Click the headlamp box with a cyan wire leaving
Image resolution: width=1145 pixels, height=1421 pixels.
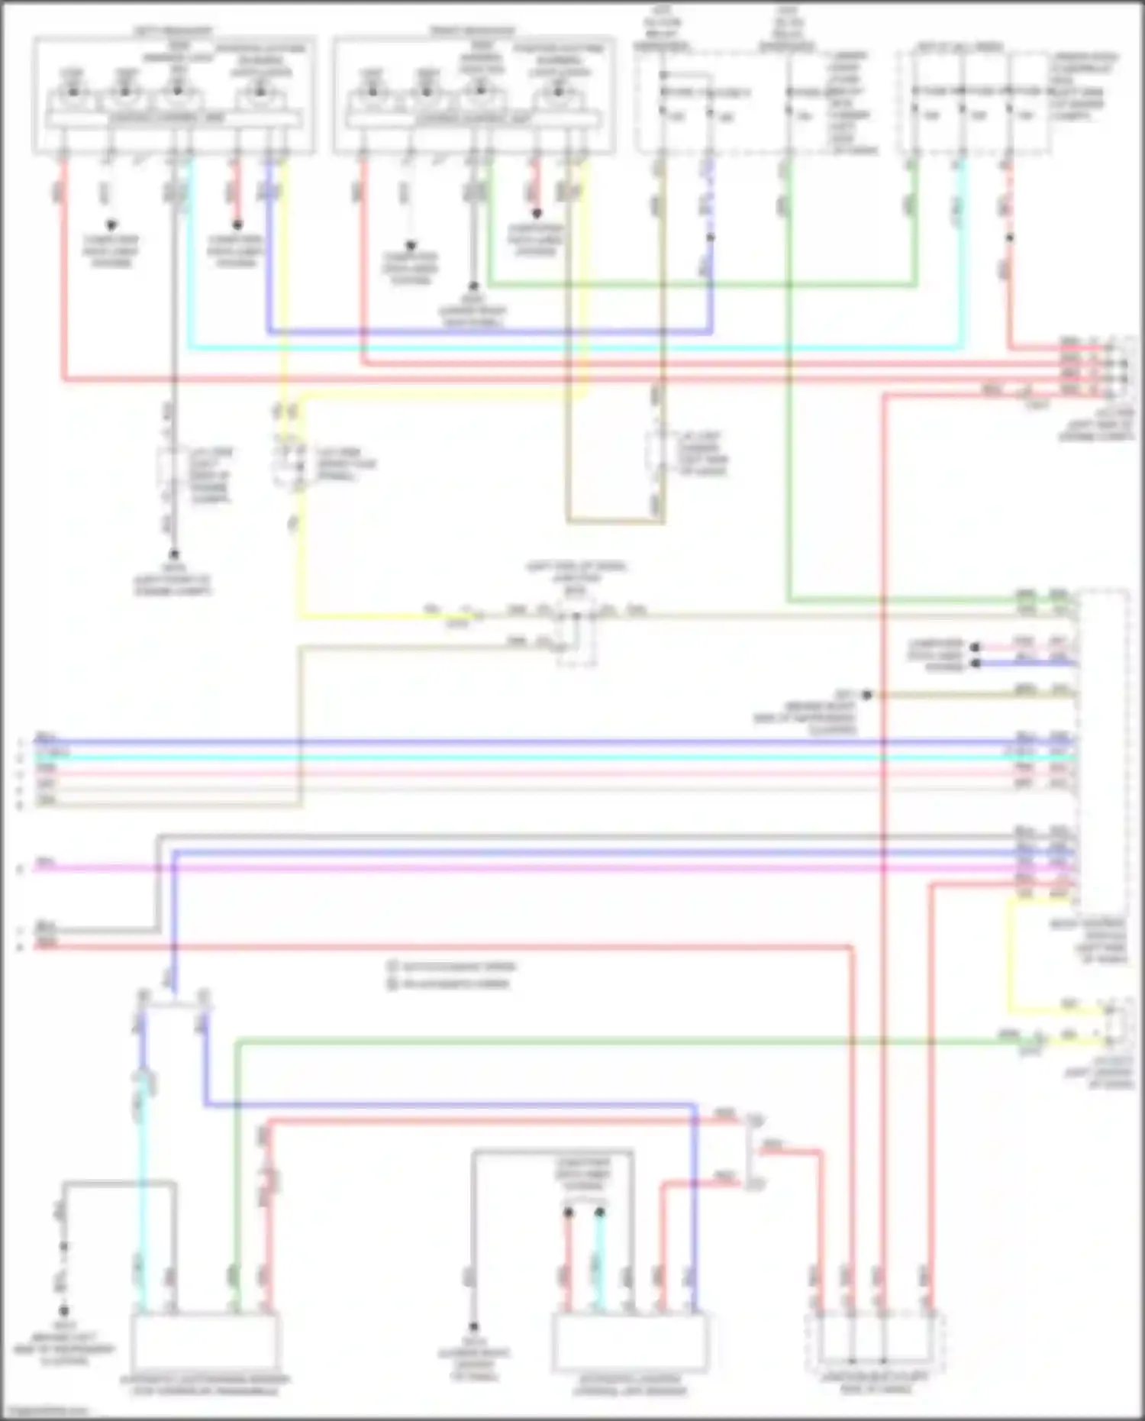[x=173, y=95]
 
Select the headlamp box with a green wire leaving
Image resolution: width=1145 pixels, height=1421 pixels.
[x=473, y=95]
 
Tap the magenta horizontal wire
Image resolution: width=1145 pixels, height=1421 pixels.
[x=534, y=868]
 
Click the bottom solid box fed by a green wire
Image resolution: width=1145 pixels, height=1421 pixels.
[x=205, y=1342]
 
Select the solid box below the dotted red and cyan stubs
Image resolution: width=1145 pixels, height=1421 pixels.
[x=631, y=1342]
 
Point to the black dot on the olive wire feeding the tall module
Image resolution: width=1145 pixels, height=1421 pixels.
[x=867, y=695]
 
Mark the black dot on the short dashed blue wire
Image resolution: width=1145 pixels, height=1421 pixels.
[x=710, y=237]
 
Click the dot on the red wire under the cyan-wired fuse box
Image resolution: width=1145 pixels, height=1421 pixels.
[x=1009, y=237]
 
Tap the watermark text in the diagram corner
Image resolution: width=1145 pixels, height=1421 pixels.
[x=46, y=1413]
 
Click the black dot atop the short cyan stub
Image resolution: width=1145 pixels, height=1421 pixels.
[x=600, y=1212]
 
